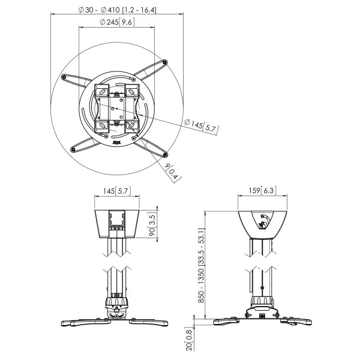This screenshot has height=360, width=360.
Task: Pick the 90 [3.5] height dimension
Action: pyautogui.click(x=152, y=226)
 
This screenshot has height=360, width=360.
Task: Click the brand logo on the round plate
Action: pyautogui.click(x=116, y=143)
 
